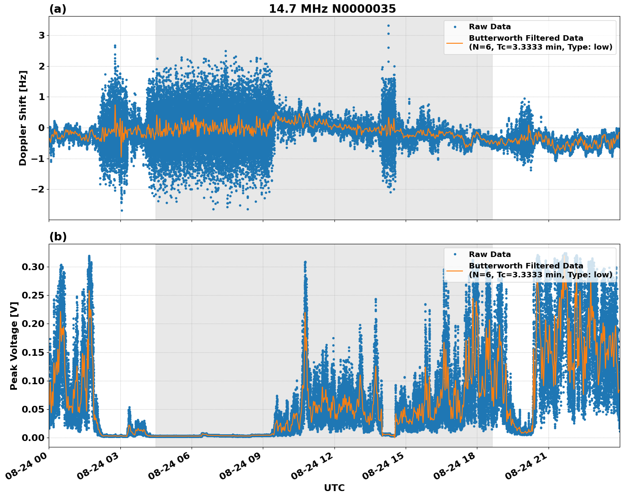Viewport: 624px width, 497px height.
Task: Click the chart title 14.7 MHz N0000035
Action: click(332, 9)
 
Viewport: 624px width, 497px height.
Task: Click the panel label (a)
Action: click(58, 9)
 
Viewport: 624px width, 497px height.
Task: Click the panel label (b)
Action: click(58, 237)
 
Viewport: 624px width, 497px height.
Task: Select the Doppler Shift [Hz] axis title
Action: click(23, 118)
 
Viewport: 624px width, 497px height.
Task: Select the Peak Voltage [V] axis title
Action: click(14, 346)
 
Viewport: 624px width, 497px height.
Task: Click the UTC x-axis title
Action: click(334, 488)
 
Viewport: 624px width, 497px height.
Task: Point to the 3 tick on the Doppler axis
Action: click(42, 35)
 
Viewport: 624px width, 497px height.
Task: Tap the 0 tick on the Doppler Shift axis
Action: click(42, 128)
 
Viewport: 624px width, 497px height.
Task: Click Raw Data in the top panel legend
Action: click(490, 27)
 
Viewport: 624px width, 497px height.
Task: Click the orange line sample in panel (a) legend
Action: click(455, 43)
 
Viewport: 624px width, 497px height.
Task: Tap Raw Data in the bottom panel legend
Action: click(490, 254)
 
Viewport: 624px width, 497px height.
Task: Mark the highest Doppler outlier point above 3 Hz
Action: click(388, 25)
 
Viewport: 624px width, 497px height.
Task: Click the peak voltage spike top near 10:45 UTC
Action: click(305, 262)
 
